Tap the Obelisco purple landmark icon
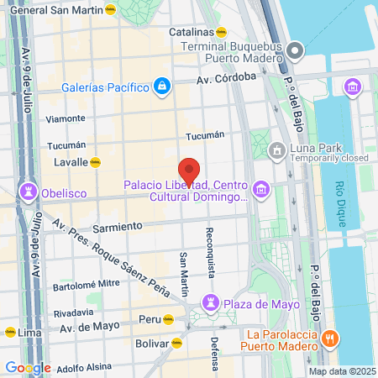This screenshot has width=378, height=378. point(31,192)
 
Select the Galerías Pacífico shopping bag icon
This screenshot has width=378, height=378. point(161,86)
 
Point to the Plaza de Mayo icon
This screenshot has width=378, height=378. point(212,302)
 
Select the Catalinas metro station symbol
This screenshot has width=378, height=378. point(222,32)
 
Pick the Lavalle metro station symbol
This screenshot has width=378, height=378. point(97,161)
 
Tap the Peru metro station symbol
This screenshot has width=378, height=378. point(168,319)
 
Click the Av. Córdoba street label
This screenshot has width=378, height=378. point(226,78)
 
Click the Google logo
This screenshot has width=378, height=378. point(28,367)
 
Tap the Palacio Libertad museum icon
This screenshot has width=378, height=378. point(261,190)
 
